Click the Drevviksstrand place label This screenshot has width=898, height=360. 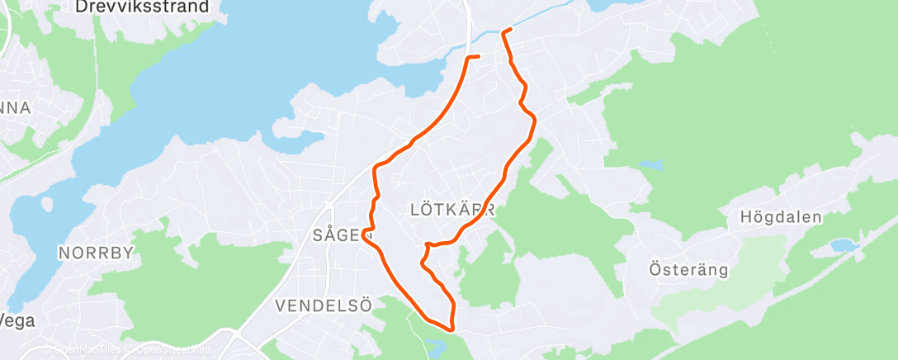tap(152, 7)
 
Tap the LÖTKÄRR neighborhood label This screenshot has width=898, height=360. tap(452, 210)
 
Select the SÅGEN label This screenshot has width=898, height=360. tap(339, 235)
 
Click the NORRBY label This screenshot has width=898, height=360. tap(96, 253)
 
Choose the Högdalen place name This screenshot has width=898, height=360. tap(782, 218)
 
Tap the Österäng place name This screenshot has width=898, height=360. tap(688, 269)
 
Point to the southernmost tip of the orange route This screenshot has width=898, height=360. tap(451, 329)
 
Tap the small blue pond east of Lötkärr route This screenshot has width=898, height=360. tap(650, 164)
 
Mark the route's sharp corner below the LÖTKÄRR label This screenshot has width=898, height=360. tap(427, 245)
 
